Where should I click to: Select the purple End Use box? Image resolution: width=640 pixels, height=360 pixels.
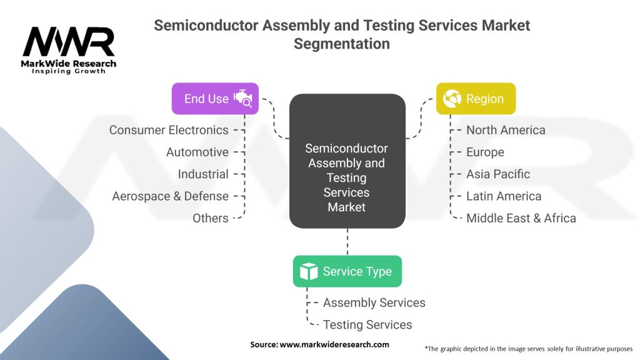tap(215, 99)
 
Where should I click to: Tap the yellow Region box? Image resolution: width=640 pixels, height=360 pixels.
tap(476, 99)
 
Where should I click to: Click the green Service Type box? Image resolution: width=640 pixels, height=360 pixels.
tap(347, 271)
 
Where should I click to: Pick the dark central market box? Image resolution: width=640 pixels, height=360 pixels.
tap(347, 161)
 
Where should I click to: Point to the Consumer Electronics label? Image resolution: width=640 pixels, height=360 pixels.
tap(169, 130)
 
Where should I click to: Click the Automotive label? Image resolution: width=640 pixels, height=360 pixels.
tap(197, 152)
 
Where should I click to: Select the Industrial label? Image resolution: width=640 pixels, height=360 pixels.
tap(203, 174)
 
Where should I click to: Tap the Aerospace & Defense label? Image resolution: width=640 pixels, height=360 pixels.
tap(170, 196)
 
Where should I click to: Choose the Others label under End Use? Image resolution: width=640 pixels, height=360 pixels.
tap(211, 218)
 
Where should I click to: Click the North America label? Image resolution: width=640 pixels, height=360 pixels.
tap(506, 130)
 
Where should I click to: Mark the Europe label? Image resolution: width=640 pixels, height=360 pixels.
tap(485, 152)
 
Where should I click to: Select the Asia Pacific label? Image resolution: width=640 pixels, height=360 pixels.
tap(498, 174)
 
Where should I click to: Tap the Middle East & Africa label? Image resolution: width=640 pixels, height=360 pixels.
tap(521, 218)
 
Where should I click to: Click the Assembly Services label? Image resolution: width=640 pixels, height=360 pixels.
tap(374, 302)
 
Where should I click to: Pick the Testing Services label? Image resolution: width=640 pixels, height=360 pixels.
tap(367, 324)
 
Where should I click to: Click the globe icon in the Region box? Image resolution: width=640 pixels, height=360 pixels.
tap(452, 99)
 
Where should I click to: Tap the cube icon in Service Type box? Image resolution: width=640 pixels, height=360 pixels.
tap(309, 271)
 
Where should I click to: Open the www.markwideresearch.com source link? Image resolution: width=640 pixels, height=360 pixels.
tap(334, 344)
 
